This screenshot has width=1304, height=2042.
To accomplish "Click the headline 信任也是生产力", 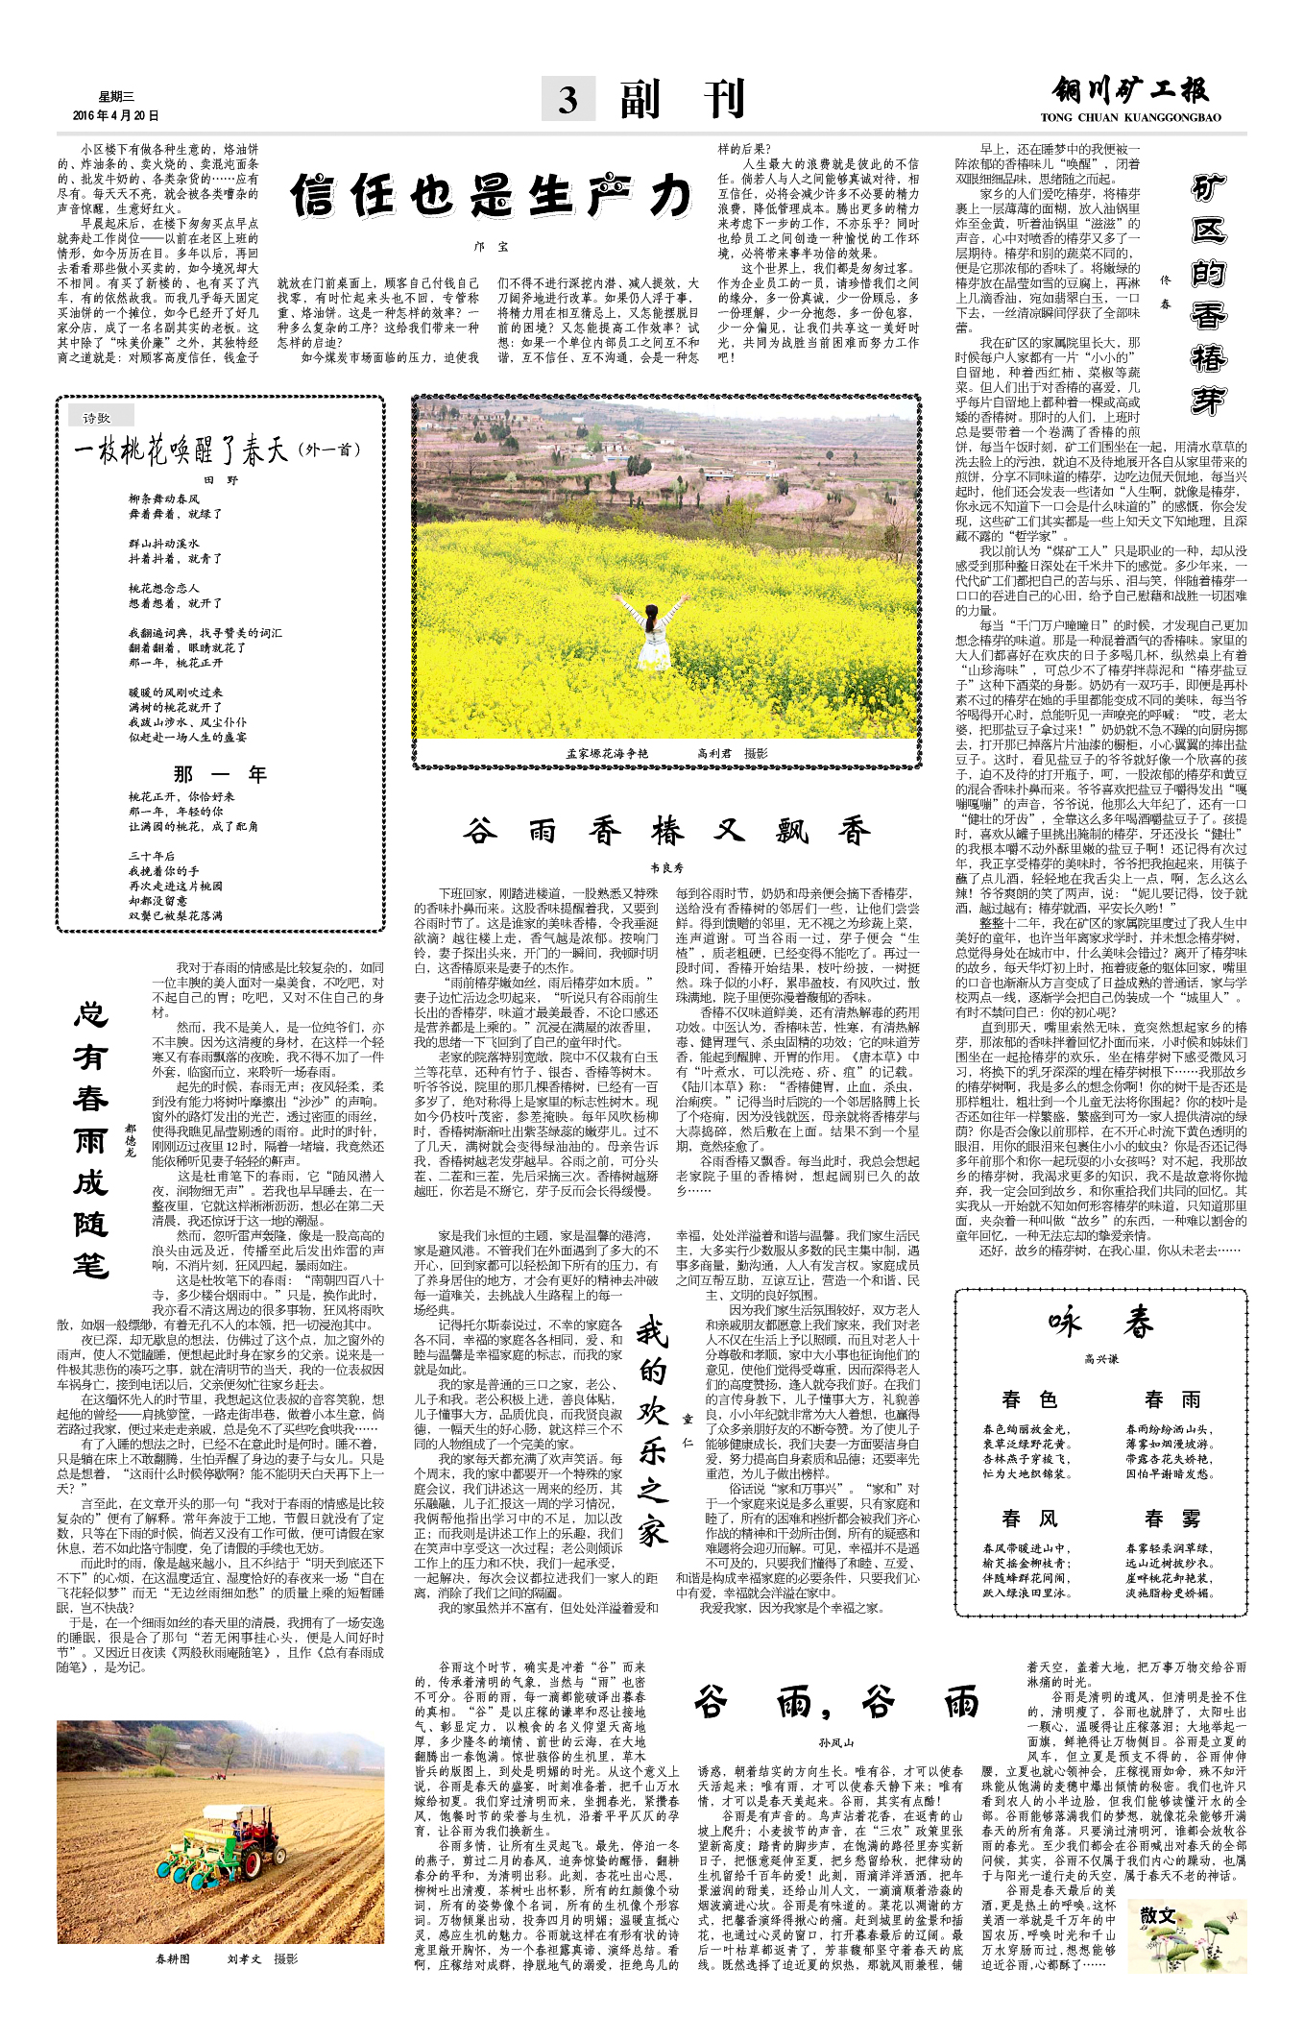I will pos(491,197).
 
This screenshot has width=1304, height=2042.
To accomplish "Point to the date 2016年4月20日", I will pos(116,116).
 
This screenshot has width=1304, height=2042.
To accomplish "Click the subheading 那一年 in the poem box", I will pos(220,774).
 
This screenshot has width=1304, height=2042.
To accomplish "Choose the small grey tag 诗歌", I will pos(97,418).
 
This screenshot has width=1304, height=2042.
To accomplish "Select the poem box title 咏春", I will pos(1100,1325).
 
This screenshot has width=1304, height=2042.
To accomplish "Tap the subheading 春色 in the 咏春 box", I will pos(1028,1399).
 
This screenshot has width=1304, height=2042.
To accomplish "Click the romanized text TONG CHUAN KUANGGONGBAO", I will pos(1130,118).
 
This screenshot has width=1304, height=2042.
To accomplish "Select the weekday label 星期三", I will pos(116,97).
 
